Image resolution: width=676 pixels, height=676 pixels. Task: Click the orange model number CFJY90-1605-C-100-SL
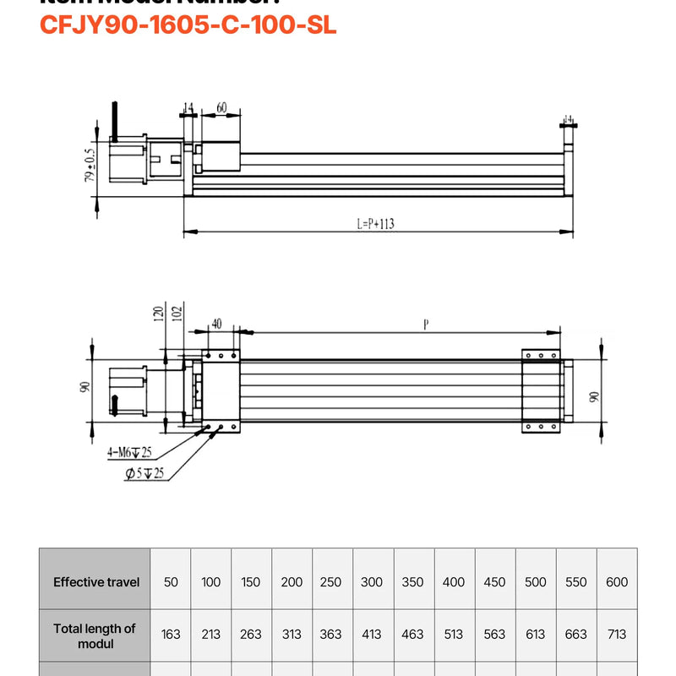(x=188, y=25)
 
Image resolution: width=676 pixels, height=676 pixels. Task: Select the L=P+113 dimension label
(x=376, y=224)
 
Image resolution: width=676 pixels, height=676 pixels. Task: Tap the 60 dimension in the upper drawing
(x=221, y=107)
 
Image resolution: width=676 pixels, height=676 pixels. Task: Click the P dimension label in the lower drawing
(x=425, y=324)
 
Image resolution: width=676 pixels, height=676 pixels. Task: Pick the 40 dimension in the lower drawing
(x=216, y=324)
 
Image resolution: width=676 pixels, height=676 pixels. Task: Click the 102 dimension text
(x=176, y=314)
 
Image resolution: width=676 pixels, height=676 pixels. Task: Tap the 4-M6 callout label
(x=128, y=454)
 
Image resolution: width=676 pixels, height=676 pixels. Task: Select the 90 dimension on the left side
(x=84, y=386)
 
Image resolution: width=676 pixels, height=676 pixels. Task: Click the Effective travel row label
(x=96, y=582)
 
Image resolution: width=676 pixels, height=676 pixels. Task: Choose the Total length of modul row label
(x=95, y=635)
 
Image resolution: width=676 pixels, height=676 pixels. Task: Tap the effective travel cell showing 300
(x=372, y=582)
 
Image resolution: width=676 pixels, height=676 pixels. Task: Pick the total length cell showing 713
(x=617, y=635)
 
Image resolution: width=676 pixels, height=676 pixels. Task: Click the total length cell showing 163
(x=171, y=635)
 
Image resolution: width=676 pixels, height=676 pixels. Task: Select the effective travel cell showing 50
(x=171, y=582)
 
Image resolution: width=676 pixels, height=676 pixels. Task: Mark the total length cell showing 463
(x=412, y=635)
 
